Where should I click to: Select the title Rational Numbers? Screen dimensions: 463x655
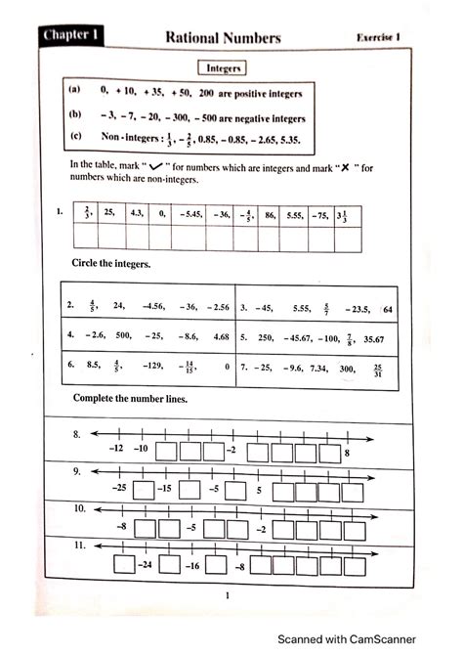(x=223, y=37)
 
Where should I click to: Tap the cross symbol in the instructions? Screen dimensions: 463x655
(x=348, y=165)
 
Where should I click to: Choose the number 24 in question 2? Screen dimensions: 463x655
(x=120, y=307)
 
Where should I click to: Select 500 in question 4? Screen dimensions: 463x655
(x=122, y=335)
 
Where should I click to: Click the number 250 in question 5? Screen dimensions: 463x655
(x=267, y=338)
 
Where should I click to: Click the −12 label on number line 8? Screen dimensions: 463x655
(x=115, y=450)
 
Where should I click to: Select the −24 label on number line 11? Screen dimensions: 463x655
(x=146, y=566)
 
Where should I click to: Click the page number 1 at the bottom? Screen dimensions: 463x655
(x=227, y=595)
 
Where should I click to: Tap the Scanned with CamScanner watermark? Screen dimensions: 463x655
(x=364, y=639)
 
